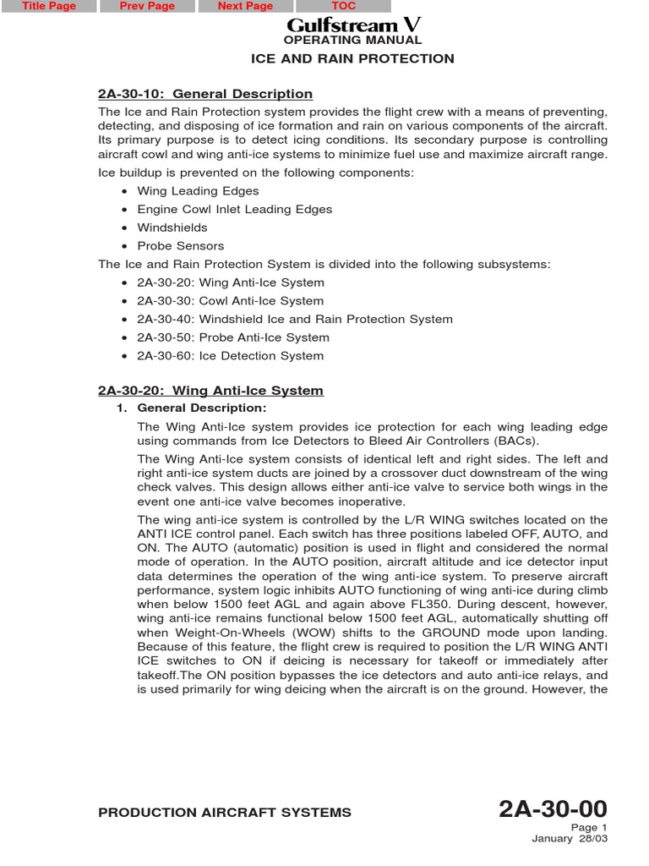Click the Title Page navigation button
(49, 6)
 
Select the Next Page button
(245, 6)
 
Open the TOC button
(343, 6)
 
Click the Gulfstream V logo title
(352, 25)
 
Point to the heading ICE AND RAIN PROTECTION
(352, 58)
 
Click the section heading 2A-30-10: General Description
(205, 94)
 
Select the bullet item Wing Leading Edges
(198, 191)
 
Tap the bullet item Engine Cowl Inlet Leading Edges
(234, 209)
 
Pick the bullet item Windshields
(172, 227)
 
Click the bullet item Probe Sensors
(180, 246)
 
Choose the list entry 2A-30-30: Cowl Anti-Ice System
(230, 301)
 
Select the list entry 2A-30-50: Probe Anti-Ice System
(233, 337)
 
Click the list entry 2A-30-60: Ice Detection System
(230, 356)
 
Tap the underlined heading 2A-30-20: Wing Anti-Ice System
(210, 391)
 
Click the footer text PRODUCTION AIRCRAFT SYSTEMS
(225, 813)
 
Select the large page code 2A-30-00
(553, 809)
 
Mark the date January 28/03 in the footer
(569, 839)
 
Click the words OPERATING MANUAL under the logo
(352, 40)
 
